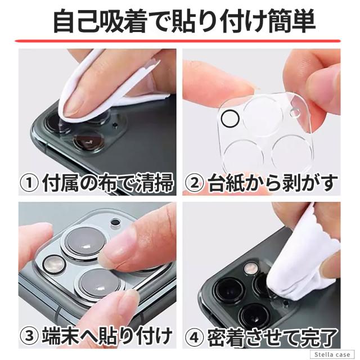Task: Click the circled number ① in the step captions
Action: tap(29, 183)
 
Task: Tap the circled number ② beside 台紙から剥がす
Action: tap(193, 183)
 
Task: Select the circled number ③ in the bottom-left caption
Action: tap(29, 336)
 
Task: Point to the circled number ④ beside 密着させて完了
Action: tap(193, 336)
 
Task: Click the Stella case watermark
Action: tap(332, 354)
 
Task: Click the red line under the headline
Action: tap(178, 41)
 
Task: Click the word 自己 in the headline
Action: tap(78, 21)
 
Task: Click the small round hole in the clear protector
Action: tap(295, 112)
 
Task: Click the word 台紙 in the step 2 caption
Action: tap(221, 183)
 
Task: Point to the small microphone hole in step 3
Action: tap(115, 223)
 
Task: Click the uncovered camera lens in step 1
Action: tap(89, 141)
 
